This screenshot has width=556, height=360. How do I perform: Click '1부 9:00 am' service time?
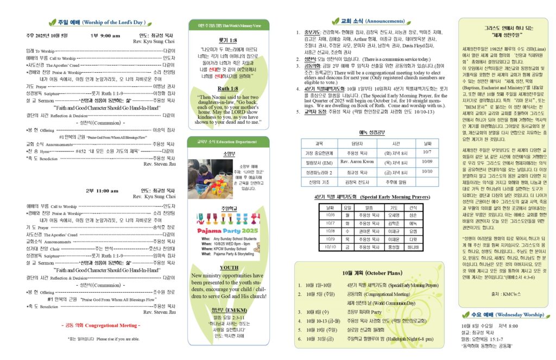[x=102, y=35]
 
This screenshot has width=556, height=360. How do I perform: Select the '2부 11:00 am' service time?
[x=102, y=191]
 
